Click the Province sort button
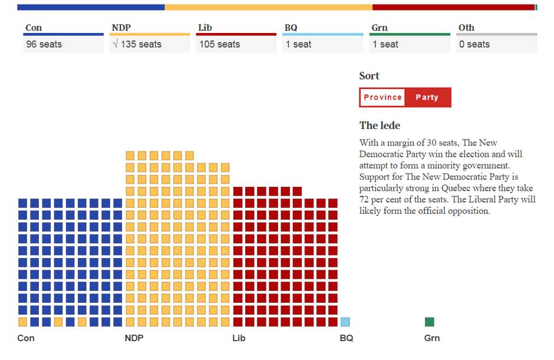tap(382, 97)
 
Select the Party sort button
tap(427, 97)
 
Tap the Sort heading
tap(369, 76)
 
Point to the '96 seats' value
tap(44, 44)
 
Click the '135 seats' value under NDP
tap(141, 44)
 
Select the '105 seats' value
tap(219, 44)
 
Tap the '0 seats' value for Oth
tap(474, 44)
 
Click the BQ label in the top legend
tap(291, 28)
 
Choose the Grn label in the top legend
tap(380, 28)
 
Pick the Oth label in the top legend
tap(466, 28)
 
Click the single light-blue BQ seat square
tap(345, 322)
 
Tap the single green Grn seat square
tap(430, 322)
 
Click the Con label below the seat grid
tap(26, 338)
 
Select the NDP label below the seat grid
tap(134, 338)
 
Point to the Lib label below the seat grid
tap(239, 338)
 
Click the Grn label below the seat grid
tap(432, 338)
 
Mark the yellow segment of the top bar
tap(268, 7)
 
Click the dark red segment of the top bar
tap(453, 7)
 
